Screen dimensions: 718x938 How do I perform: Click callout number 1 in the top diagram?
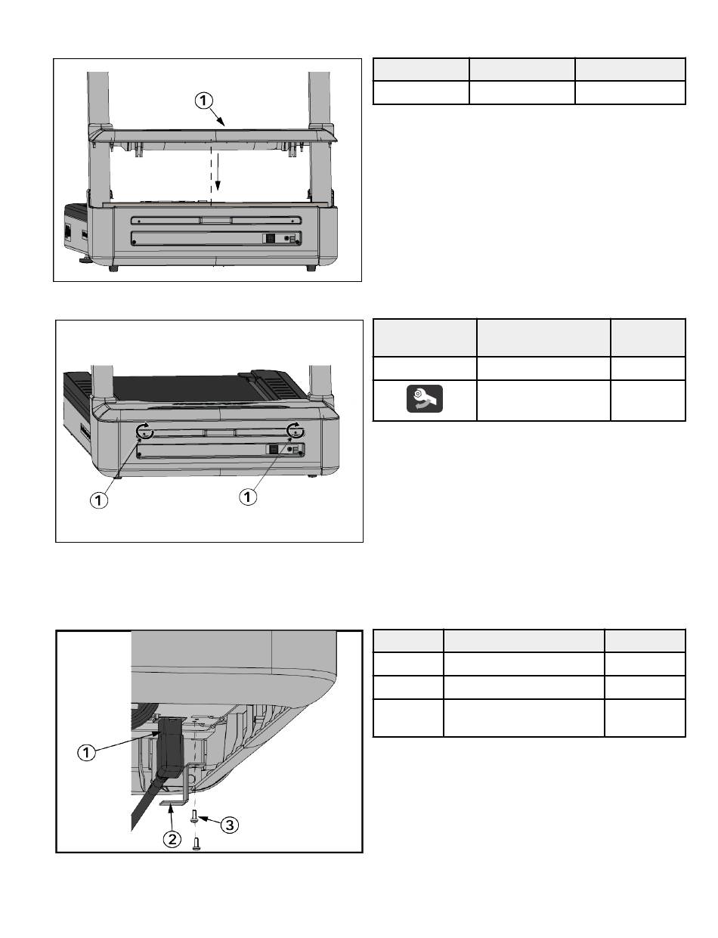pos(203,101)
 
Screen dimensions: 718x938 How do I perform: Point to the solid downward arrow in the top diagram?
pos(218,172)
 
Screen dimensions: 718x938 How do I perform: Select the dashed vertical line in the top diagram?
pos(212,175)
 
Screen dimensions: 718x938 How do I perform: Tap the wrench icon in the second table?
pos(425,398)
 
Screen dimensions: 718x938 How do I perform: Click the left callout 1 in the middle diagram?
pos(99,500)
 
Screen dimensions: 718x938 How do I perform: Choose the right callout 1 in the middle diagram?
pos(247,497)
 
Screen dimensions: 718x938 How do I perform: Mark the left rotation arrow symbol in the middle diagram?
pos(144,431)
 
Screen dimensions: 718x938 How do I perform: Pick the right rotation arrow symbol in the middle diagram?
pos(296,430)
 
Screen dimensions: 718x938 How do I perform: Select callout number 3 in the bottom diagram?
pos(230,825)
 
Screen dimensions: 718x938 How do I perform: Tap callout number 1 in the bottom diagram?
pos(86,752)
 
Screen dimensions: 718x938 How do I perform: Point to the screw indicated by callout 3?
pos(194,816)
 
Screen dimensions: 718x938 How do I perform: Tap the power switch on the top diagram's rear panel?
pos(271,238)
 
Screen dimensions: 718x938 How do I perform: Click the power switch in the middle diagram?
pos(274,450)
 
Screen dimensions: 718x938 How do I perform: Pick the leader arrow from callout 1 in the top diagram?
pos(218,117)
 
